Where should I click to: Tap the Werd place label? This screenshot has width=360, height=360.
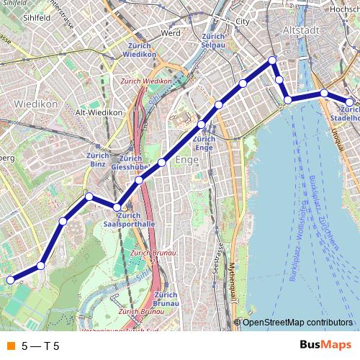pos(171,33)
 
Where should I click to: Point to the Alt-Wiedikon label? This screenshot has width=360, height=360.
pos(99,113)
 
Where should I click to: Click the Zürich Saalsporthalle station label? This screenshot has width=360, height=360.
pos(130,220)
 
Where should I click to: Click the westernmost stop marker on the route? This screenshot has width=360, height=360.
pos(10,280)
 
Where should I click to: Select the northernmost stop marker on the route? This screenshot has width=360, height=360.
pos(272,60)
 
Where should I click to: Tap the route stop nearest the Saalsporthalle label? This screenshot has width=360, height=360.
pos(117,207)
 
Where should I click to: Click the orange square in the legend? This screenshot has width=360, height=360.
pos(10,346)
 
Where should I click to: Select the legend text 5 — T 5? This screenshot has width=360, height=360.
pos(40,346)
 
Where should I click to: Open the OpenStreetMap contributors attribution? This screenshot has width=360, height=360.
pos(297,323)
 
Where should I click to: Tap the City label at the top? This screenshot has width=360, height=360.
pos(242,22)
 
